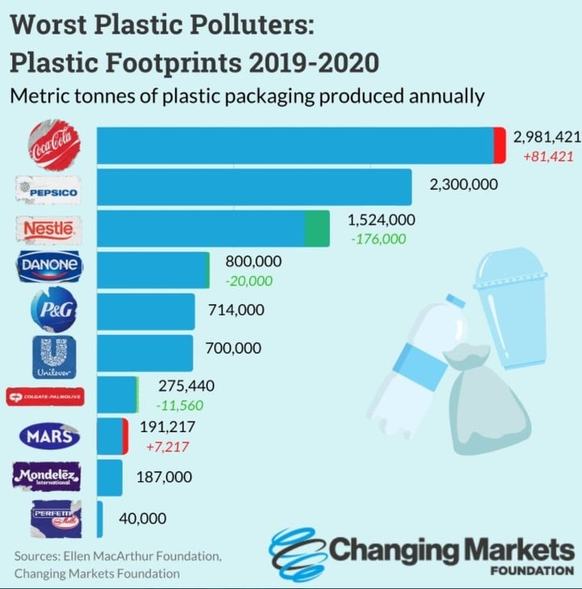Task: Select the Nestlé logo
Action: (x=53, y=229)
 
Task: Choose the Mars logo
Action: (x=51, y=437)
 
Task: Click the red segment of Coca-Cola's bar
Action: (x=500, y=146)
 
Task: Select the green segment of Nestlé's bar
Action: (x=317, y=228)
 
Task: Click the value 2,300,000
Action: (x=464, y=184)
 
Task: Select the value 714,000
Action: (x=236, y=309)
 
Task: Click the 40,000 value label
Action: (x=142, y=519)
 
